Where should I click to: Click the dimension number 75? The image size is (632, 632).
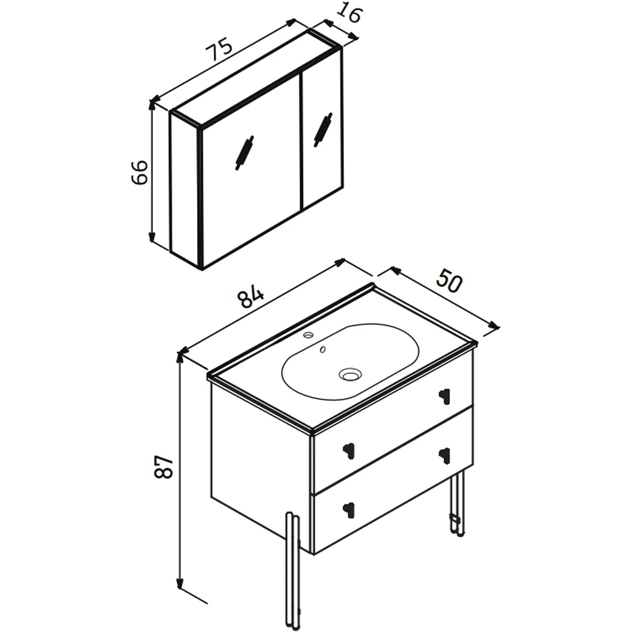tap(219, 49)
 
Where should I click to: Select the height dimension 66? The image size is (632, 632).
tap(140, 172)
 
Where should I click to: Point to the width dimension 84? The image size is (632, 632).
tap(250, 296)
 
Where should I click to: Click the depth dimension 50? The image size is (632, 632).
tap(449, 280)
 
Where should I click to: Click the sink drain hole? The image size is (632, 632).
tap(350, 374)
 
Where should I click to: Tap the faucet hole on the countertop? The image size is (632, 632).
tap(309, 334)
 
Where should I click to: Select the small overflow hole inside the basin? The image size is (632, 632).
tap(322, 349)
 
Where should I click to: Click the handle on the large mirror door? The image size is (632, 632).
tap(245, 152)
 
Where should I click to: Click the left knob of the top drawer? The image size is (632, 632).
tap(348, 450)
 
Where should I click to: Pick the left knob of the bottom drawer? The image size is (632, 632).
tap(348, 510)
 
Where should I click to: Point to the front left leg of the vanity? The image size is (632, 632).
tap(293, 572)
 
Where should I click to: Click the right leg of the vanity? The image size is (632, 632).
tap(458, 504)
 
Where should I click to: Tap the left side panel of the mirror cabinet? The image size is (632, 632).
tap(185, 190)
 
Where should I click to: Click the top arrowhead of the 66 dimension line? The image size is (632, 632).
tap(152, 105)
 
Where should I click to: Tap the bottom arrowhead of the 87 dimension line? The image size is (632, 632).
tap(180, 583)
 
